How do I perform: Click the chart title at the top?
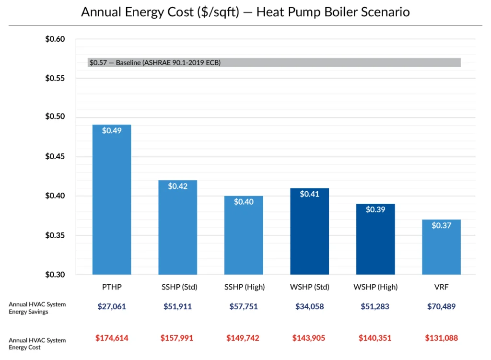245,12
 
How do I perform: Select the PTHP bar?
111,201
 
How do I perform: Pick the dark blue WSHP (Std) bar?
309,232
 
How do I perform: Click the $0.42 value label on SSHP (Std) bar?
177,186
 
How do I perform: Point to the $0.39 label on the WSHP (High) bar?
375,209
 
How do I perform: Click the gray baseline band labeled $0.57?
274,62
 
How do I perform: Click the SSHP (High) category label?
244,287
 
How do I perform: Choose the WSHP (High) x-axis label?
375,287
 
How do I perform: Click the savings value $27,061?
111,307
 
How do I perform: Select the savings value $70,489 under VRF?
441,307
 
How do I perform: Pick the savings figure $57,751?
244,307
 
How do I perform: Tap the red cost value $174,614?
111,338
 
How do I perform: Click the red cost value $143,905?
309,338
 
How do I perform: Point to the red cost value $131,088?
441,338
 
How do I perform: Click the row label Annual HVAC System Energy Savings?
37,308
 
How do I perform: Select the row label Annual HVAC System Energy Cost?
37,343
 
